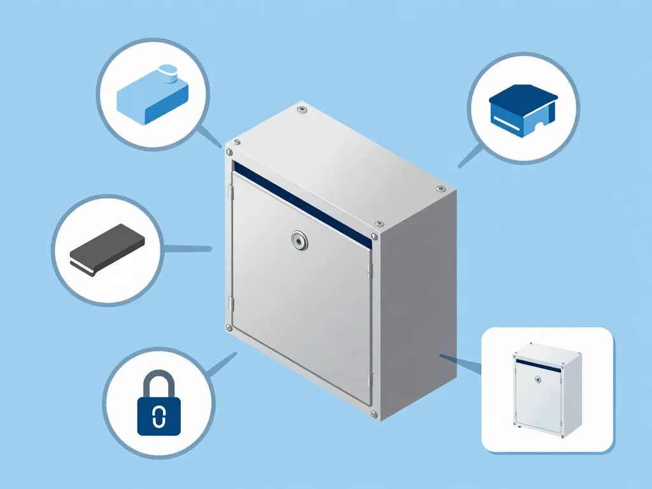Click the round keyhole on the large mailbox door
[x=299, y=240]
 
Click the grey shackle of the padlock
[x=159, y=382]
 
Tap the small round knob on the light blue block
[x=168, y=73]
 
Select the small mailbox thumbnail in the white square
[x=547, y=389]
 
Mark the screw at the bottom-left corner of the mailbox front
[x=229, y=327]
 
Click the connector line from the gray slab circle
[x=188, y=248]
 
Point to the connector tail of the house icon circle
[x=470, y=156]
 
